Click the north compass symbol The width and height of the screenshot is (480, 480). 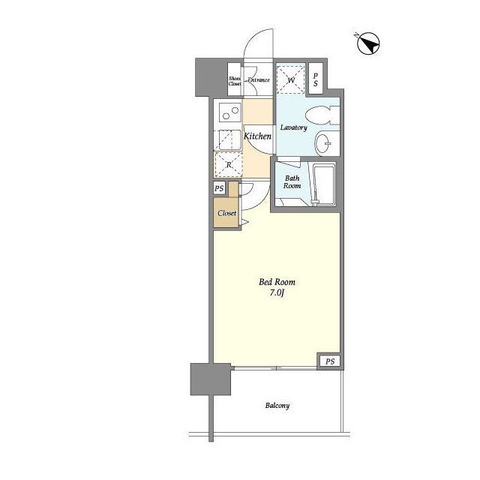tap(368, 43)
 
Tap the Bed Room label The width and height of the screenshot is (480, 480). tap(277, 282)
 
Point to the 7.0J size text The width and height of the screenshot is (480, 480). tap(277, 293)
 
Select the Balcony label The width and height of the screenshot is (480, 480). tap(277, 406)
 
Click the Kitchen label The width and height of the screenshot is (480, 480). tap(257, 136)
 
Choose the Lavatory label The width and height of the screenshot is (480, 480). tap(293, 127)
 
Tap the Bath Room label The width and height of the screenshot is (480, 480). tap(292, 181)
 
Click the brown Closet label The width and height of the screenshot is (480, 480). tap(226, 213)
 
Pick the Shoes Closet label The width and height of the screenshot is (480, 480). tap(235, 81)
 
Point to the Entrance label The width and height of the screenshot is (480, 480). tap(259, 80)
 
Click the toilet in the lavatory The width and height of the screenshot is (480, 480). tap(322, 115)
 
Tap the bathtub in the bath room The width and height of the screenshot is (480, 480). tap(325, 184)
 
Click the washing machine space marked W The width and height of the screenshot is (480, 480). tap(291, 79)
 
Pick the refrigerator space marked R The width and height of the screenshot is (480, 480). tap(229, 165)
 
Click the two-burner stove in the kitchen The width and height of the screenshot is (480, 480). tap(231, 112)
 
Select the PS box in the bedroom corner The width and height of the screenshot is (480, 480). tap(330, 361)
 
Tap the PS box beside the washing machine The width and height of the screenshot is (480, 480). tap(316, 79)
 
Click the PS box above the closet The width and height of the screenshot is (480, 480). tap(219, 188)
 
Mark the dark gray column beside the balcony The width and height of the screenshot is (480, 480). tap(210, 379)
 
